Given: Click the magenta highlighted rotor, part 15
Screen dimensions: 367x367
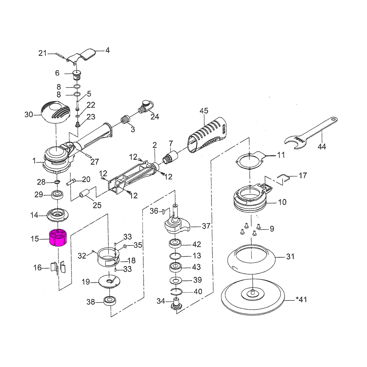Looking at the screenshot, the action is [x=57, y=237].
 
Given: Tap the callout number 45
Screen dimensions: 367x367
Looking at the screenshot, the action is [x=204, y=111].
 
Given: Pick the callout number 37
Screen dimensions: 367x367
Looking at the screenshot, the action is [x=206, y=227].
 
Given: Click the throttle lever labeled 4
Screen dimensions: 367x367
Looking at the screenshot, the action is [x=81, y=56].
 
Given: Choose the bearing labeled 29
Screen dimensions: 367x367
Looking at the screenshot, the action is [x=57, y=195].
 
